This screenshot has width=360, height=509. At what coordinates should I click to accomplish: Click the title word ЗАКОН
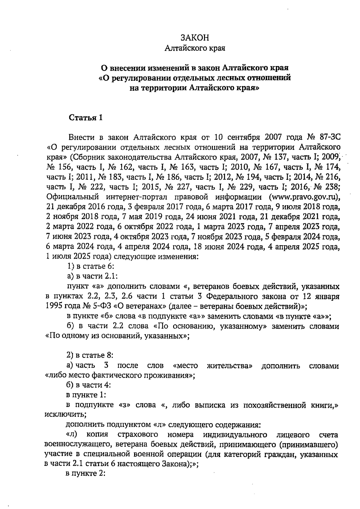coord(195,38)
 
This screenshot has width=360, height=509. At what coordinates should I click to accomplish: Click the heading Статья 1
coord(86,118)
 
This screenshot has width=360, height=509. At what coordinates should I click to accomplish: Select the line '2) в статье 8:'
coord(90,355)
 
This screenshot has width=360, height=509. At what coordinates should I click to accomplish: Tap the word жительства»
coord(229,366)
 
